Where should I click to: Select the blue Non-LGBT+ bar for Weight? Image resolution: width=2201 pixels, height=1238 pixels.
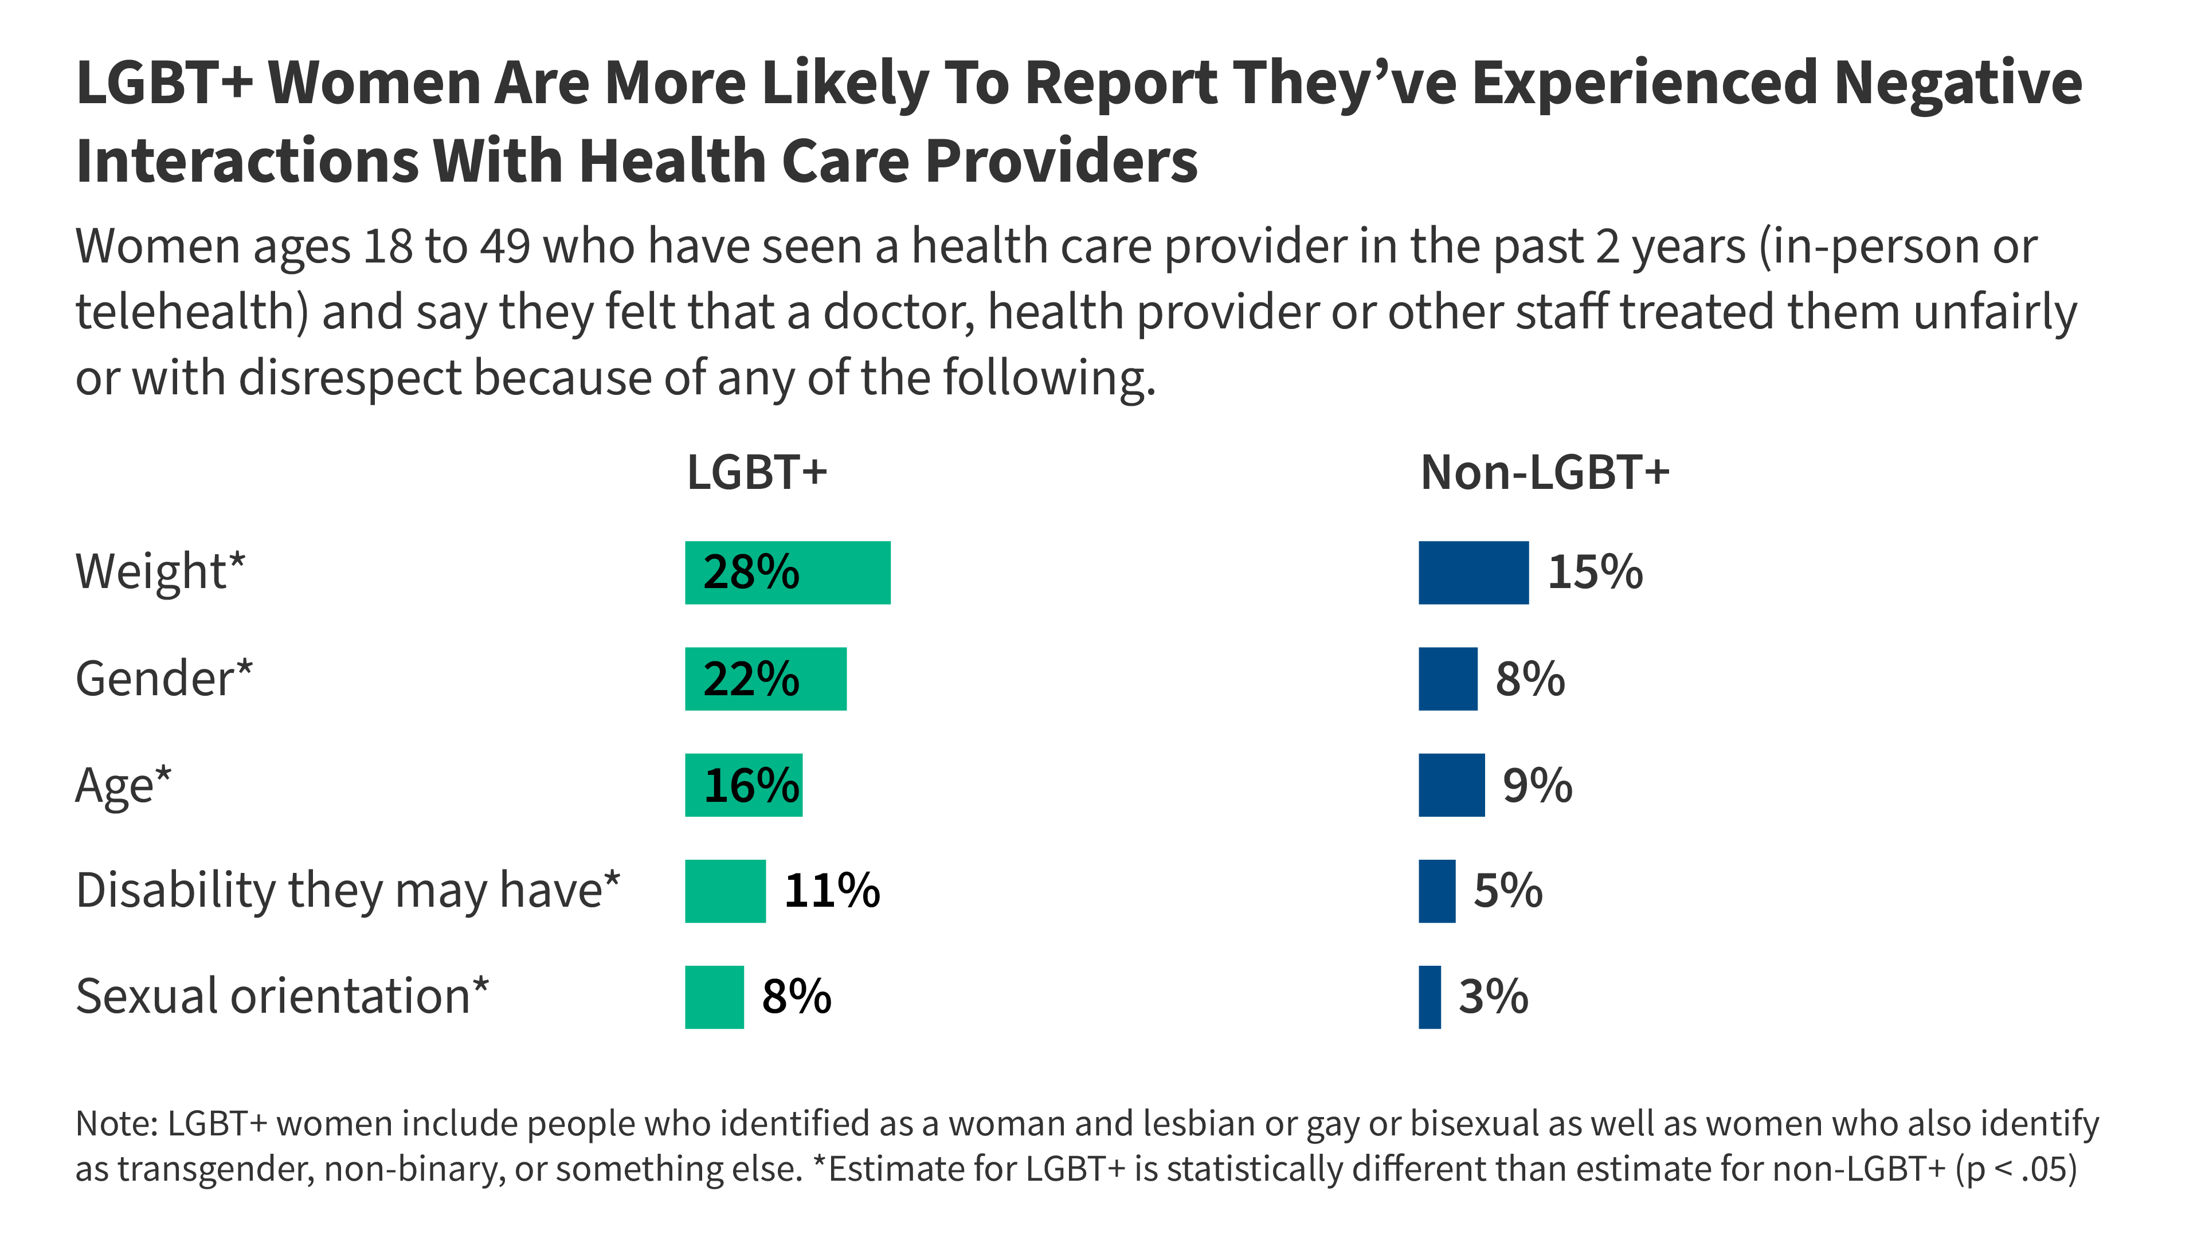pos(1473,573)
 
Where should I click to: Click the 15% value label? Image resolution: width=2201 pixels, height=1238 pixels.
pos(1595,573)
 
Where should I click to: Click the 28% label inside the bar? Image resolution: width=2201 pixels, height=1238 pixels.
pos(750,573)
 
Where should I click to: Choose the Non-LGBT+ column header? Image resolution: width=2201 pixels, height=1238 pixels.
pos(1544,472)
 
